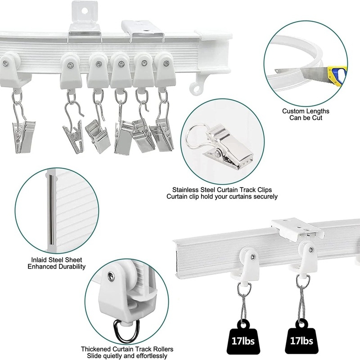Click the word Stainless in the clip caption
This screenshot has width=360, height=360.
click(x=186, y=190)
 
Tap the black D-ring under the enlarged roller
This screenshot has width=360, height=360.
click(x=127, y=330)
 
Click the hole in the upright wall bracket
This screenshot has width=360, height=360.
click(x=85, y=10)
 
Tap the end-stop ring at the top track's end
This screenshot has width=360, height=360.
click(x=195, y=87)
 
